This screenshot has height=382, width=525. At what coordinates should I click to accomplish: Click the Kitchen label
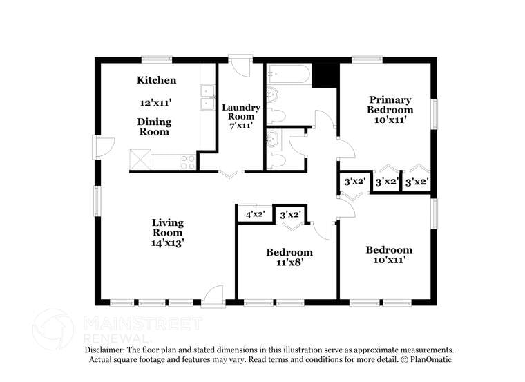156,81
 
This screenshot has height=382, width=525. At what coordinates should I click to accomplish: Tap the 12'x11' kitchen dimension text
155,102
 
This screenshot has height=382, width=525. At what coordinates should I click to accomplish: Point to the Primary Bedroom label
390,105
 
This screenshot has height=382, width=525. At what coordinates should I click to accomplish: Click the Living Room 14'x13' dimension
167,243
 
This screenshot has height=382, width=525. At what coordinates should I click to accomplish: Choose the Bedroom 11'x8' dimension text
289,262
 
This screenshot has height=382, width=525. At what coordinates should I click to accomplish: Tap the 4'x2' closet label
255,215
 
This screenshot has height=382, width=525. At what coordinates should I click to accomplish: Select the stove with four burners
188,162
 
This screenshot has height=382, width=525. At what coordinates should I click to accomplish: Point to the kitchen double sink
207,97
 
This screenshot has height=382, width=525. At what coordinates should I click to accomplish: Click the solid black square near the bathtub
325,75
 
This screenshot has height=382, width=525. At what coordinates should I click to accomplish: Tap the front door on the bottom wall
213,296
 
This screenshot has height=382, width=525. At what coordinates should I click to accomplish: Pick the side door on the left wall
103,146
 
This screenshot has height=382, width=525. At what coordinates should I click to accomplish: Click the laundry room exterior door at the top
240,65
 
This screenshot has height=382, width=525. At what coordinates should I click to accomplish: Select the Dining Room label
155,127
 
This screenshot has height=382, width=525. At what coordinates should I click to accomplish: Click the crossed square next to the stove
140,160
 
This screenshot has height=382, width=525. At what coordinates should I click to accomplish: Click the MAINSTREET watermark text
142,323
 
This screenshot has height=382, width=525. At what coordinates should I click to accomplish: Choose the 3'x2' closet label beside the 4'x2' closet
290,215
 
